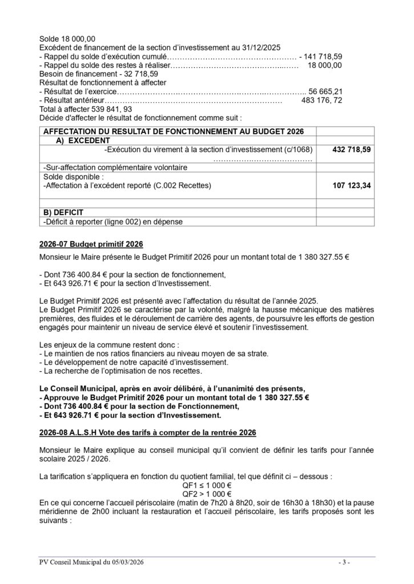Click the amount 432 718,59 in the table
[351, 149]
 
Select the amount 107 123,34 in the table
[351, 186]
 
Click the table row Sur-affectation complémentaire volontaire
[115, 168]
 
